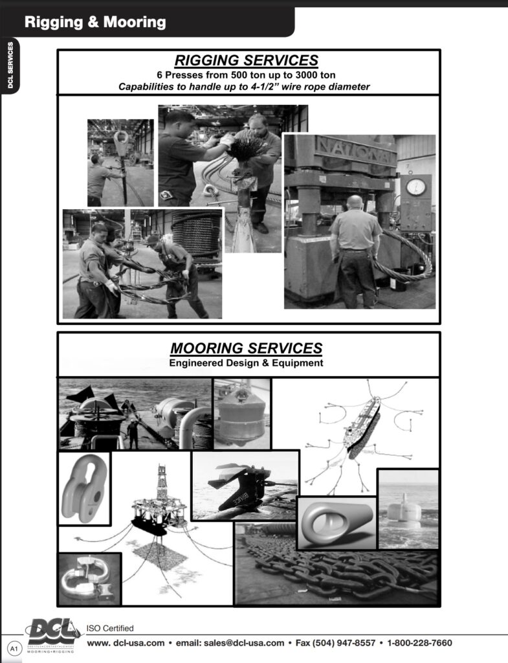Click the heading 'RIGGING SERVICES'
point(247,61)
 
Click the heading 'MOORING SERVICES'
point(246,348)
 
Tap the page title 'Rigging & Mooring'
point(95,23)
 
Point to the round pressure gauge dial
point(415,187)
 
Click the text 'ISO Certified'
point(110,628)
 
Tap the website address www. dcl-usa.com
point(126,643)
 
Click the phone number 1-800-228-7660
point(419,643)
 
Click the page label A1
point(13,647)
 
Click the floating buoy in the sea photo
point(405,511)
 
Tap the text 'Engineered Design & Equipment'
point(246,363)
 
